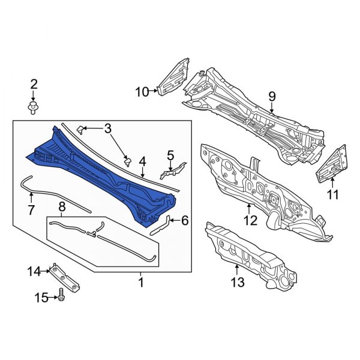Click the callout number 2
coord(34,84)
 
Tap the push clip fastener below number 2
coord(33,109)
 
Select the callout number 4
coord(142,161)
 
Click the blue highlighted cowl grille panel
coord(101,176)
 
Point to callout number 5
coord(170,155)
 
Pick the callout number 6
coord(185,221)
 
